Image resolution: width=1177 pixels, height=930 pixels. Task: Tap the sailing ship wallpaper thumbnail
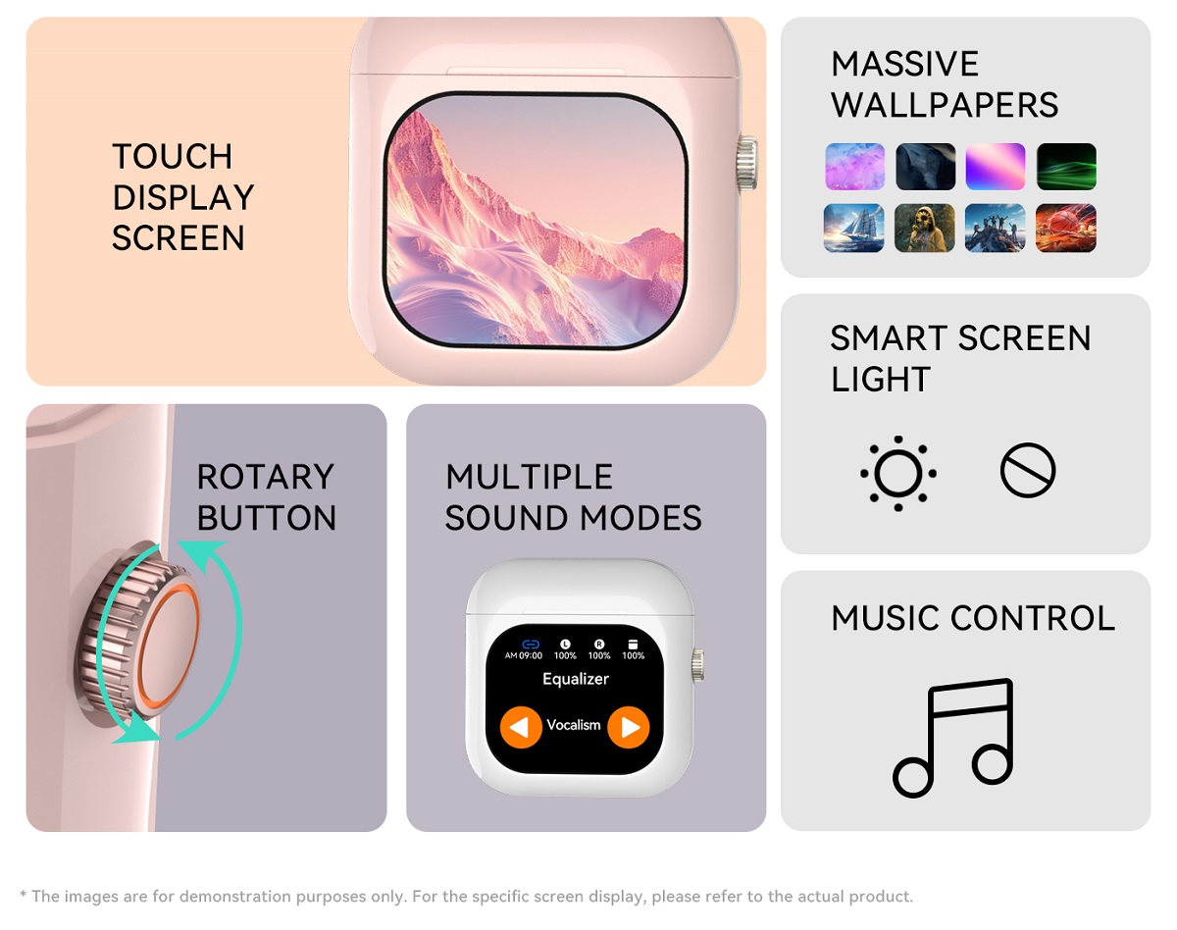853,228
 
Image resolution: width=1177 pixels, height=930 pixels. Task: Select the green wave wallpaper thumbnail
1066,167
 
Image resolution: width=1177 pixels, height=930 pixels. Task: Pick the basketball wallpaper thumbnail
1066,228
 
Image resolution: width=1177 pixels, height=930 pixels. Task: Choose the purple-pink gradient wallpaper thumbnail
996,167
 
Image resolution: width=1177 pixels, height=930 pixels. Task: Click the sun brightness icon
898,474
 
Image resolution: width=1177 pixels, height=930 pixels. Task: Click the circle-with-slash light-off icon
1028,471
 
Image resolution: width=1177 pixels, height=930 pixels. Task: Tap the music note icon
953,738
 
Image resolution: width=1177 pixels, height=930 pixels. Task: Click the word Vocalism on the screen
574,725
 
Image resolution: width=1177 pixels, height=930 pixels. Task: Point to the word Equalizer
576,679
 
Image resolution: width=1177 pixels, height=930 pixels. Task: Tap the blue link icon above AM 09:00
531,645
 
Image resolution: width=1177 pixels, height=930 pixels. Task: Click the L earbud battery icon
566,645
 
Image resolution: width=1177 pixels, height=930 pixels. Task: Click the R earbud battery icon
599,645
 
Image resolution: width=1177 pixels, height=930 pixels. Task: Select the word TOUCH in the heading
173,156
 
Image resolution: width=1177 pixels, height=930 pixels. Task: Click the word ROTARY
265,477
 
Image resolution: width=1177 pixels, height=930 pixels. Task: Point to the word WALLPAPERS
945,105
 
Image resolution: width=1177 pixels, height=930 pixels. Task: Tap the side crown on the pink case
747,163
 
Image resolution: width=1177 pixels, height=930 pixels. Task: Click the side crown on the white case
698,665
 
